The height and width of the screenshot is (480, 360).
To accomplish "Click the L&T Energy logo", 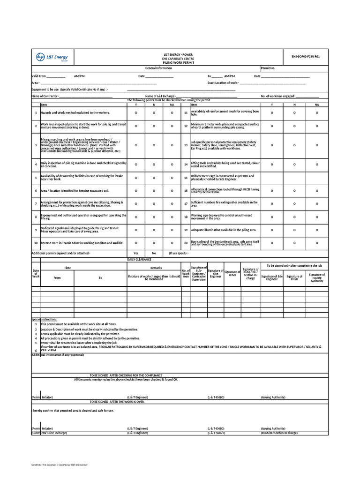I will click(52, 58).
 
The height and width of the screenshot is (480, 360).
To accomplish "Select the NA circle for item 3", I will click(172, 145).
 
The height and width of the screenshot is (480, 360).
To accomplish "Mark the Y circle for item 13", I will click(273, 145).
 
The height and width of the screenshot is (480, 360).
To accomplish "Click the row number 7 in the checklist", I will click(36, 204).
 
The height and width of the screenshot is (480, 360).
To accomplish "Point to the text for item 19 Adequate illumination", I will click(224, 230).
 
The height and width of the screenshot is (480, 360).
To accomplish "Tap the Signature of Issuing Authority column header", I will click(317, 277).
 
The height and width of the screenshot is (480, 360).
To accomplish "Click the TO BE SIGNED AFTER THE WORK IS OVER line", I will click(117, 402).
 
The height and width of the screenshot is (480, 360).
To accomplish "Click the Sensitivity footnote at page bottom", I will click(60, 465).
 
